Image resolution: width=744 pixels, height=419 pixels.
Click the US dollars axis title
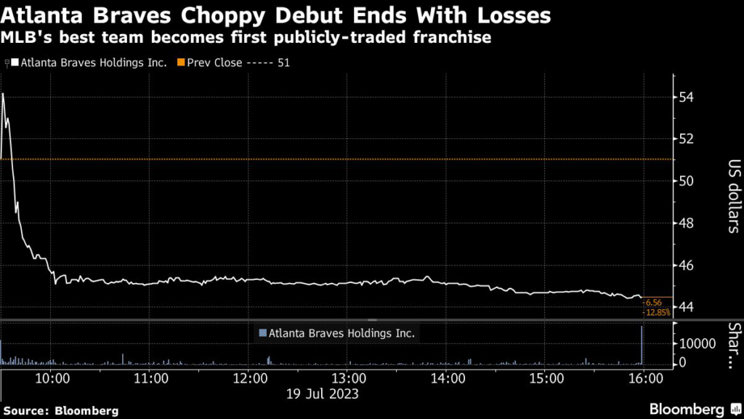(732, 196)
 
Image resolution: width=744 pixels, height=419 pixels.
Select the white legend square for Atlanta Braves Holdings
(15, 63)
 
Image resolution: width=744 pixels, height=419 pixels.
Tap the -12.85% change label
(656, 312)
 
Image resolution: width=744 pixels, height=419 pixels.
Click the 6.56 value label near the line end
(653, 302)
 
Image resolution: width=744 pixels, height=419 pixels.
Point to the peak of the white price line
(4, 94)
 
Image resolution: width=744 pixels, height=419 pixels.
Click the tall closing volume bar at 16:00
(642, 345)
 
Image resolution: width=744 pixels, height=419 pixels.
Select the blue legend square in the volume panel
(262, 334)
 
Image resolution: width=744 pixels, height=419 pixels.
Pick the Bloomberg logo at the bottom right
(688, 409)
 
